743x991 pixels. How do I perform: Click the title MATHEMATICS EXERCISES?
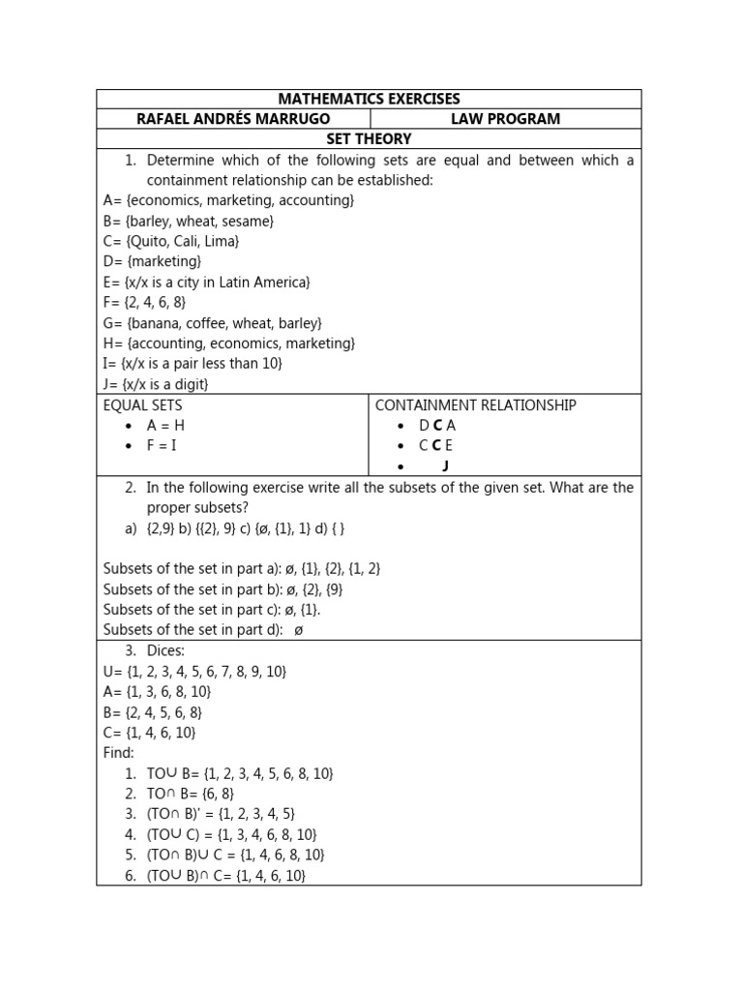(369, 99)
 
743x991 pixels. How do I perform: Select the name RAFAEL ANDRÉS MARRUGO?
(232, 119)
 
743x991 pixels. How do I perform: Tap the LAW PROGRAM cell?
(505, 119)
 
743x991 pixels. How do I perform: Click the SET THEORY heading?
(369, 139)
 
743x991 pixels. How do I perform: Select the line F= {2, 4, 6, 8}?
(145, 302)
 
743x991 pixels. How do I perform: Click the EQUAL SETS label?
(142, 405)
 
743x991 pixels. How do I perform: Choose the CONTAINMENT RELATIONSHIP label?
(475, 405)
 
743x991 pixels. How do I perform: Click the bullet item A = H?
(164, 425)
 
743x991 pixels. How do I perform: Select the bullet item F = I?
(162, 445)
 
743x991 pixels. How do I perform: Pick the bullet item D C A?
(436, 425)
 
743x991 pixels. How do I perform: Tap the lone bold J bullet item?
(445, 465)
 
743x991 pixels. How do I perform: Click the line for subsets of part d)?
(203, 629)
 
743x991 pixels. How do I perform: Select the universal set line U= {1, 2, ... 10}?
(195, 671)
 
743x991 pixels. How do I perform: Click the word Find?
(119, 752)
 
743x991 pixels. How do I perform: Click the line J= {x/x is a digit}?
(156, 384)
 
